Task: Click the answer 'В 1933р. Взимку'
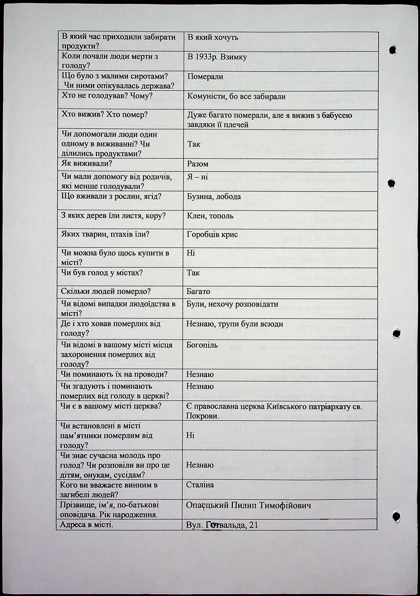coord(217,57)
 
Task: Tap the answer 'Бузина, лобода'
coord(214,197)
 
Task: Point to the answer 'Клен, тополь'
coord(210,216)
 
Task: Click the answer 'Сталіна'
coord(200,485)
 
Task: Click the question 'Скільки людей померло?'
coord(106,291)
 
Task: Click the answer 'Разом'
coord(198,164)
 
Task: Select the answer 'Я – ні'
coord(197,177)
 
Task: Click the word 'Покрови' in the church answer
coord(202,416)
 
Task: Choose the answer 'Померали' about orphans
coord(205,77)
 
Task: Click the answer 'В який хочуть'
coord(212,38)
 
